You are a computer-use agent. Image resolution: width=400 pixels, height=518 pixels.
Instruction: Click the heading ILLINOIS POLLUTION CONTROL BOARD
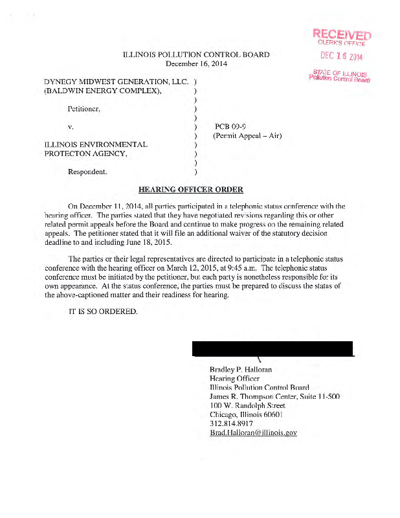click(195, 54)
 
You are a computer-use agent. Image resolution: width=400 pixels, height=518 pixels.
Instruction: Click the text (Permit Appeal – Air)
click(247, 136)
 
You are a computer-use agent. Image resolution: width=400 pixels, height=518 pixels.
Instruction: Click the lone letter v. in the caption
click(71, 127)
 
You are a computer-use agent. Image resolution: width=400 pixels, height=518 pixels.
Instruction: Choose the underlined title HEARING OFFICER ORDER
click(191, 190)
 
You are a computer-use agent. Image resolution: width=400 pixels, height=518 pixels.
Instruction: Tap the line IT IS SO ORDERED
click(103, 311)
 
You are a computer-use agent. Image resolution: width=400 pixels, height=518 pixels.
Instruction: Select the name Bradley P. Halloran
click(241, 369)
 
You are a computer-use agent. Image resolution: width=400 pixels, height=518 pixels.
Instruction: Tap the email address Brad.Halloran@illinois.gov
click(253, 432)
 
